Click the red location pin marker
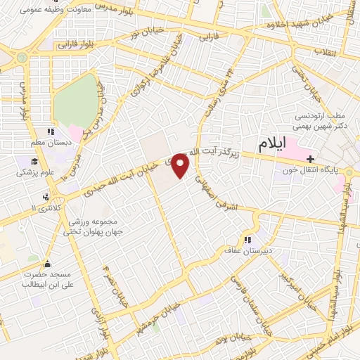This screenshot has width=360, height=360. pyautogui.click(x=181, y=165)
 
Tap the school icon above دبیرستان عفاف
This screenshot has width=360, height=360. pyautogui.click(x=247, y=238)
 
